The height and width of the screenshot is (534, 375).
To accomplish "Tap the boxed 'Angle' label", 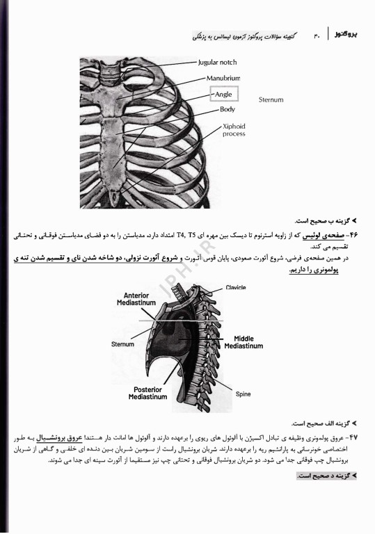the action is point(225,93).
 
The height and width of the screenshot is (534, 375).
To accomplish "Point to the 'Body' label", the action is point(228,109).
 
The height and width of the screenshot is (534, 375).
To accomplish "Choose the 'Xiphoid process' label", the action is point(234,129).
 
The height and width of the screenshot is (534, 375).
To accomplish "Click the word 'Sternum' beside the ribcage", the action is point(271,99).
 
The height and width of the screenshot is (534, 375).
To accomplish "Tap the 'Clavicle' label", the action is point(237,287).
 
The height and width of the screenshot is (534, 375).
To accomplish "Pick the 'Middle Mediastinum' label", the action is point(244,342).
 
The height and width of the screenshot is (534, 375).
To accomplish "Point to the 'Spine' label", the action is point(243,394).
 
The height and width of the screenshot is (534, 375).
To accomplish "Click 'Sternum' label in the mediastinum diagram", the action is point(122,343).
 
